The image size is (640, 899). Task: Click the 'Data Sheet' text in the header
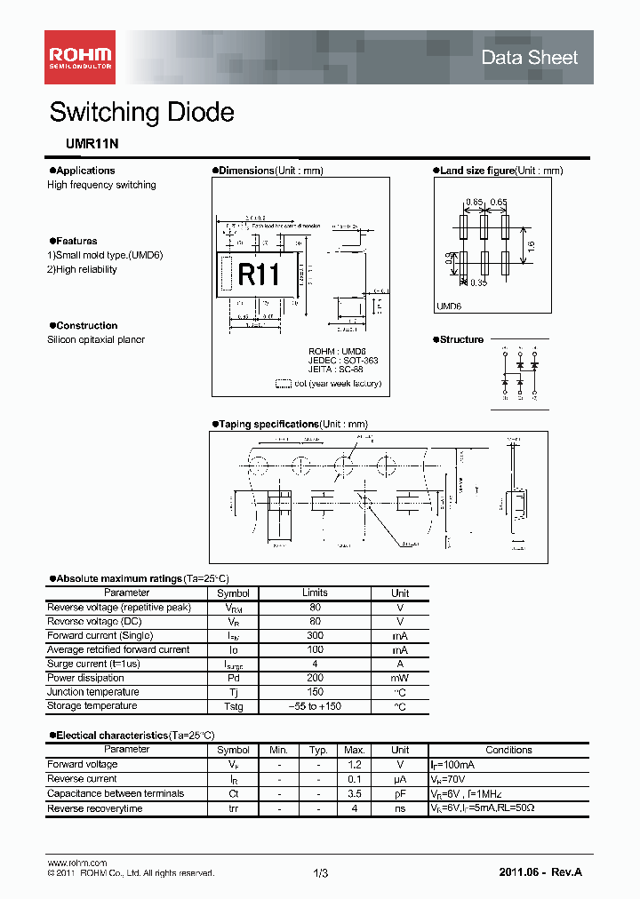pos(529,58)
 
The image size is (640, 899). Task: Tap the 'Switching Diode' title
pos(141,113)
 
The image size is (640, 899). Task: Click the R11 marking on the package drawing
pos(259,274)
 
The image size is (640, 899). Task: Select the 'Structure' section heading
pos(461,339)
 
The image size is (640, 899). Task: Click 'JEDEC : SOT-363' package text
pos(343,361)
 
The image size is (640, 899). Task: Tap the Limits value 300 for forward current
pos(315,636)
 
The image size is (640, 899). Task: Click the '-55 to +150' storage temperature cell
pos(315,706)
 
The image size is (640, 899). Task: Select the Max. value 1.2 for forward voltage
pos(355,765)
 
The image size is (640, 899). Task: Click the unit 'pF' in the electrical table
pos(400,794)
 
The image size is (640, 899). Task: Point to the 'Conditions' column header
pos(508,750)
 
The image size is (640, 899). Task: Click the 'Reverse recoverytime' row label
pos(94,808)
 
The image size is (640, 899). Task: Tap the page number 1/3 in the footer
pos(320,874)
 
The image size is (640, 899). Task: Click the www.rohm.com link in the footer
pos(76,863)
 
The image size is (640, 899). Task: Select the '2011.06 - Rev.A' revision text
pos(540,874)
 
